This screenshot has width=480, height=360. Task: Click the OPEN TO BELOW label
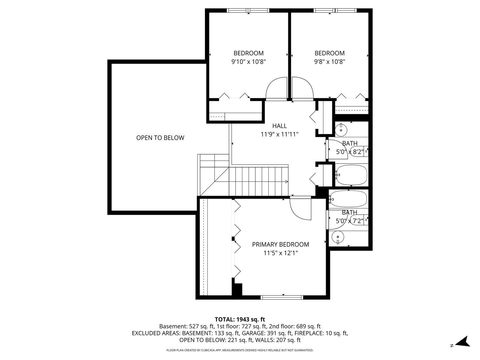(x=160, y=138)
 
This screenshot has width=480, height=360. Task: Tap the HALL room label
(x=279, y=126)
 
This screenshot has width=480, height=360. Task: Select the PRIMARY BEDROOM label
(x=280, y=244)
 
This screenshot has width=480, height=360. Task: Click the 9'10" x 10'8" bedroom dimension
(x=248, y=62)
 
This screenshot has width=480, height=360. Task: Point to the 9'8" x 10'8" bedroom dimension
(x=329, y=62)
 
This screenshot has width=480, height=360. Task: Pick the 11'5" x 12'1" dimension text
(x=280, y=253)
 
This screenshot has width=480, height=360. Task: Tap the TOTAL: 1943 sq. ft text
(x=240, y=319)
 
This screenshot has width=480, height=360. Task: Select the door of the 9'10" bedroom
(x=277, y=88)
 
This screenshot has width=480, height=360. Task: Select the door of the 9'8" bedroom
(x=303, y=88)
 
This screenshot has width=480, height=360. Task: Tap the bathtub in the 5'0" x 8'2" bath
(x=351, y=175)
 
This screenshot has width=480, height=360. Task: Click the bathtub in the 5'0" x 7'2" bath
(x=348, y=199)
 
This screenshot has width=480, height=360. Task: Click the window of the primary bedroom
(x=282, y=297)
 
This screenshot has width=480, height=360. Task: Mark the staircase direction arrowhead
(x=287, y=182)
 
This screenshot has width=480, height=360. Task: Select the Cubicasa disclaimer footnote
(x=240, y=350)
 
